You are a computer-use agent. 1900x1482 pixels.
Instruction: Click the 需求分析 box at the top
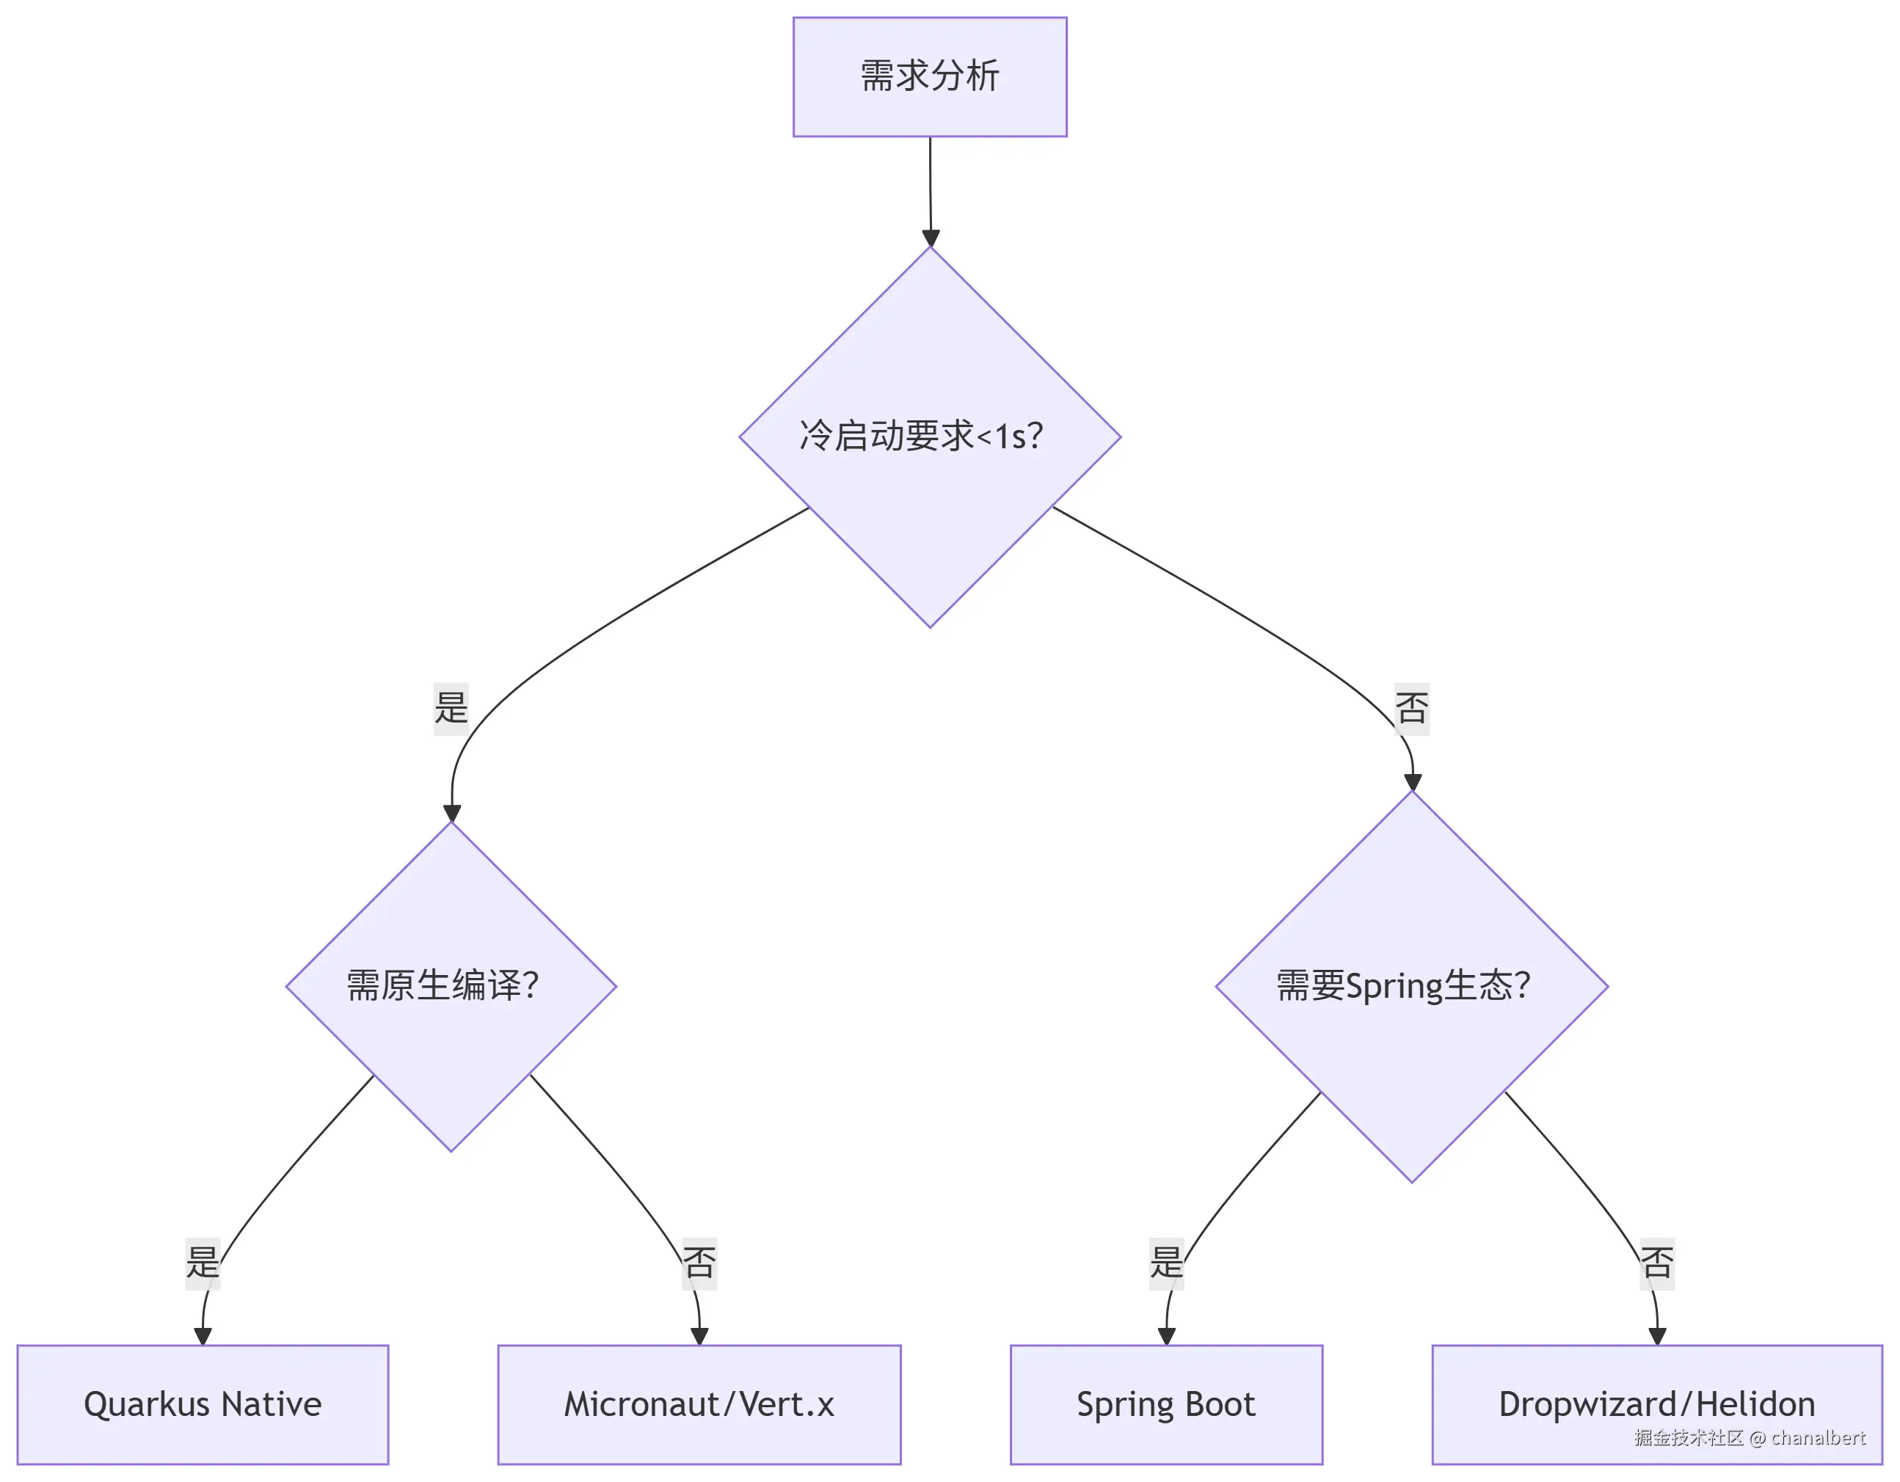929,76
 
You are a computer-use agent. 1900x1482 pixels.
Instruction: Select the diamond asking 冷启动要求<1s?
929,437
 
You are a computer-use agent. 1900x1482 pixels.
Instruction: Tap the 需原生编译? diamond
451,986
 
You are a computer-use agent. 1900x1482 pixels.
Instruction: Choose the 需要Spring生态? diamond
1411,986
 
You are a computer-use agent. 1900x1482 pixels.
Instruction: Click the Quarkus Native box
203,1404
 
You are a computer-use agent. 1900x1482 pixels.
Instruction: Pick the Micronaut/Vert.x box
699,1404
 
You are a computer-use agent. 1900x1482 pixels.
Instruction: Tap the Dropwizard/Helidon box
1656,1404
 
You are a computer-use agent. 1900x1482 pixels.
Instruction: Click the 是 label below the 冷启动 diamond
451,709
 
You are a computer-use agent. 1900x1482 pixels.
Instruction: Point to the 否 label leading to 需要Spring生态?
1411,709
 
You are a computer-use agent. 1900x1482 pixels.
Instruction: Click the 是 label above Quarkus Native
203,1263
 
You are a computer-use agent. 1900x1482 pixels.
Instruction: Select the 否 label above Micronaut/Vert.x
699,1263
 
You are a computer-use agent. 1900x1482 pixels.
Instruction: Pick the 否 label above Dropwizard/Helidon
1656,1263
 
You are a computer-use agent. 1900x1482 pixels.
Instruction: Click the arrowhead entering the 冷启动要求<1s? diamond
930,238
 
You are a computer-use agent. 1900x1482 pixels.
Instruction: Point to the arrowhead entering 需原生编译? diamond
451,812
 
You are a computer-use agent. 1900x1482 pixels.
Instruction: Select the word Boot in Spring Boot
1220,1404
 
